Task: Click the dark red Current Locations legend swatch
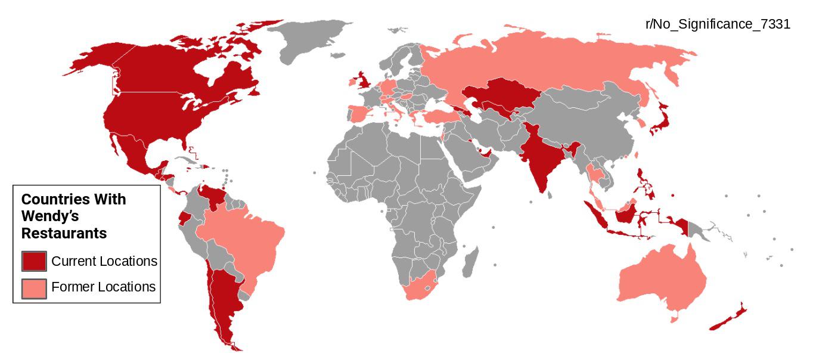tap(34, 261)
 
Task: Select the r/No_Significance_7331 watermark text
tap(718, 24)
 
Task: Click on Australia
tap(662, 280)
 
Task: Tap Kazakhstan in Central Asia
tap(501, 95)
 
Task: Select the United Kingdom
tap(362, 80)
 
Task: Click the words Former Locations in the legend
tap(103, 287)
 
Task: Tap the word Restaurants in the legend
tap(64, 233)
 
